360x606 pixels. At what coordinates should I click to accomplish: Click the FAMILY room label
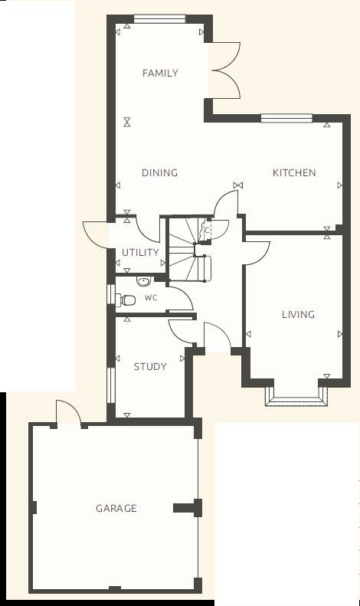click(160, 74)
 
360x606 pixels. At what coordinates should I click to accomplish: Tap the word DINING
click(159, 173)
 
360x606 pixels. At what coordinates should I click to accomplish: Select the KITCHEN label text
click(294, 173)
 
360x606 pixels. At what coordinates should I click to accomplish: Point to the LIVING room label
click(298, 314)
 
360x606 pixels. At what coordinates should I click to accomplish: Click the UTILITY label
click(141, 252)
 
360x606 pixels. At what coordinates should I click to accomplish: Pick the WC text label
click(151, 298)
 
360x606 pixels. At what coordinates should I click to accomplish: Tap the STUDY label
click(150, 367)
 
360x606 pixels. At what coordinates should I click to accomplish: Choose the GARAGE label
click(116, 508)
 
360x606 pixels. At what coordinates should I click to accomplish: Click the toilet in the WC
click(126, 300)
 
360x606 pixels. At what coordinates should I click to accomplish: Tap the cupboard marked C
click(205, 228)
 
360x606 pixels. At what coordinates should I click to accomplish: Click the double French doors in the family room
click(226, 70)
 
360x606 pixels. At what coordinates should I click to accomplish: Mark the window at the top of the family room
click(159, 18)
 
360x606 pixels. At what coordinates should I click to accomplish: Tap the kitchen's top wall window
click(286, 118)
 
